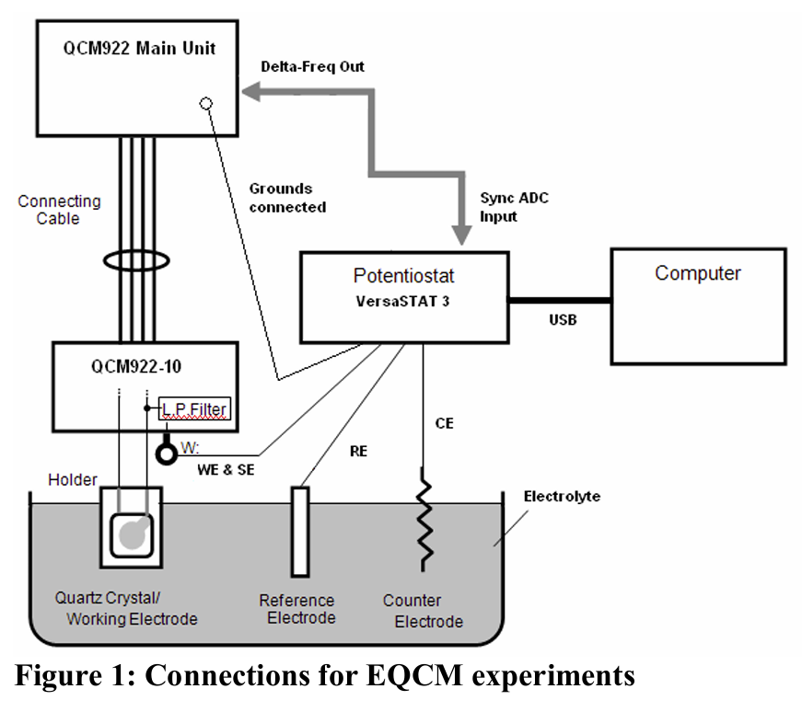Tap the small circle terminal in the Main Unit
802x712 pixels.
point(206,103)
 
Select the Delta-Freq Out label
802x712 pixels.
point(312,66)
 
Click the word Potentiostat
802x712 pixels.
point(403,276)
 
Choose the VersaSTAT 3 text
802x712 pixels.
point(403,301)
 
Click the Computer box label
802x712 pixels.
point(697,273)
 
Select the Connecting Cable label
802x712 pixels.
point(59,210)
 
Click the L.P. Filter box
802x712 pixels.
point(193,408)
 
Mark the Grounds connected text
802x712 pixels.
point(288,199)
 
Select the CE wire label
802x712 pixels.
point(444,424)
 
